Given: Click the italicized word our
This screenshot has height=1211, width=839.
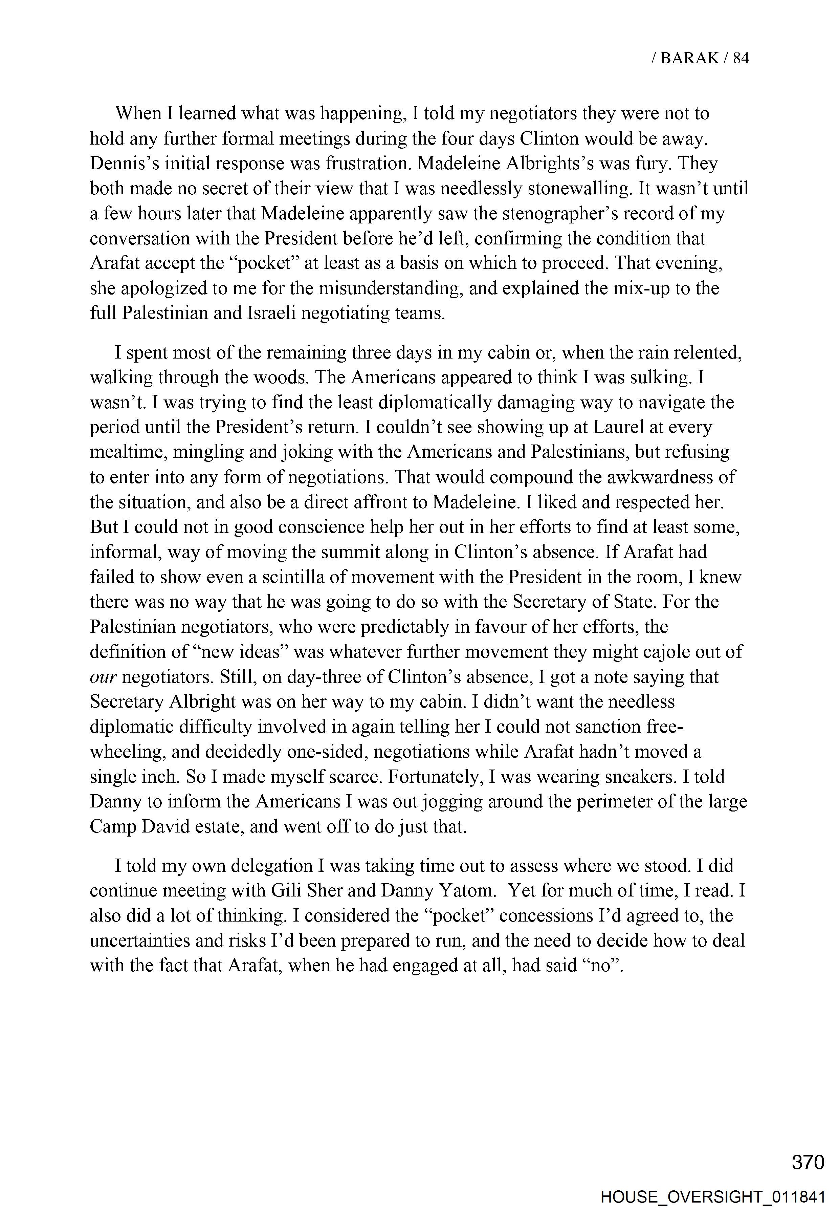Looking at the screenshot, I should point(103,677).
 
